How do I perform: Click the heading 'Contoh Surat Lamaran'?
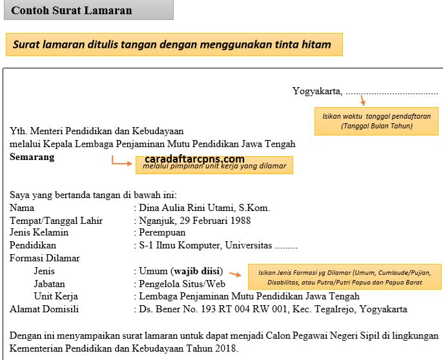point(72,10)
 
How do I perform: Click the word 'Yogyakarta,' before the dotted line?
point(317,91)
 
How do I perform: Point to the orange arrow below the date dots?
point(363,100)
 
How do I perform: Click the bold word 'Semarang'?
point(32,157)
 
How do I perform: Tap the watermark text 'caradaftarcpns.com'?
point(194,159)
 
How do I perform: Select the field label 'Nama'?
point(22,208)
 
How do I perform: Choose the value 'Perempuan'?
point(162,232)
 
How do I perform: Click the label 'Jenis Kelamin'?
point(39,232)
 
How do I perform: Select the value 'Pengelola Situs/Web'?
point(181,284)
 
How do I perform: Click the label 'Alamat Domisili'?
point(44,309)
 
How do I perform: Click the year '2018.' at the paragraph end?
point(227,349)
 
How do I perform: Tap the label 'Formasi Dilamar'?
point(45,258)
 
